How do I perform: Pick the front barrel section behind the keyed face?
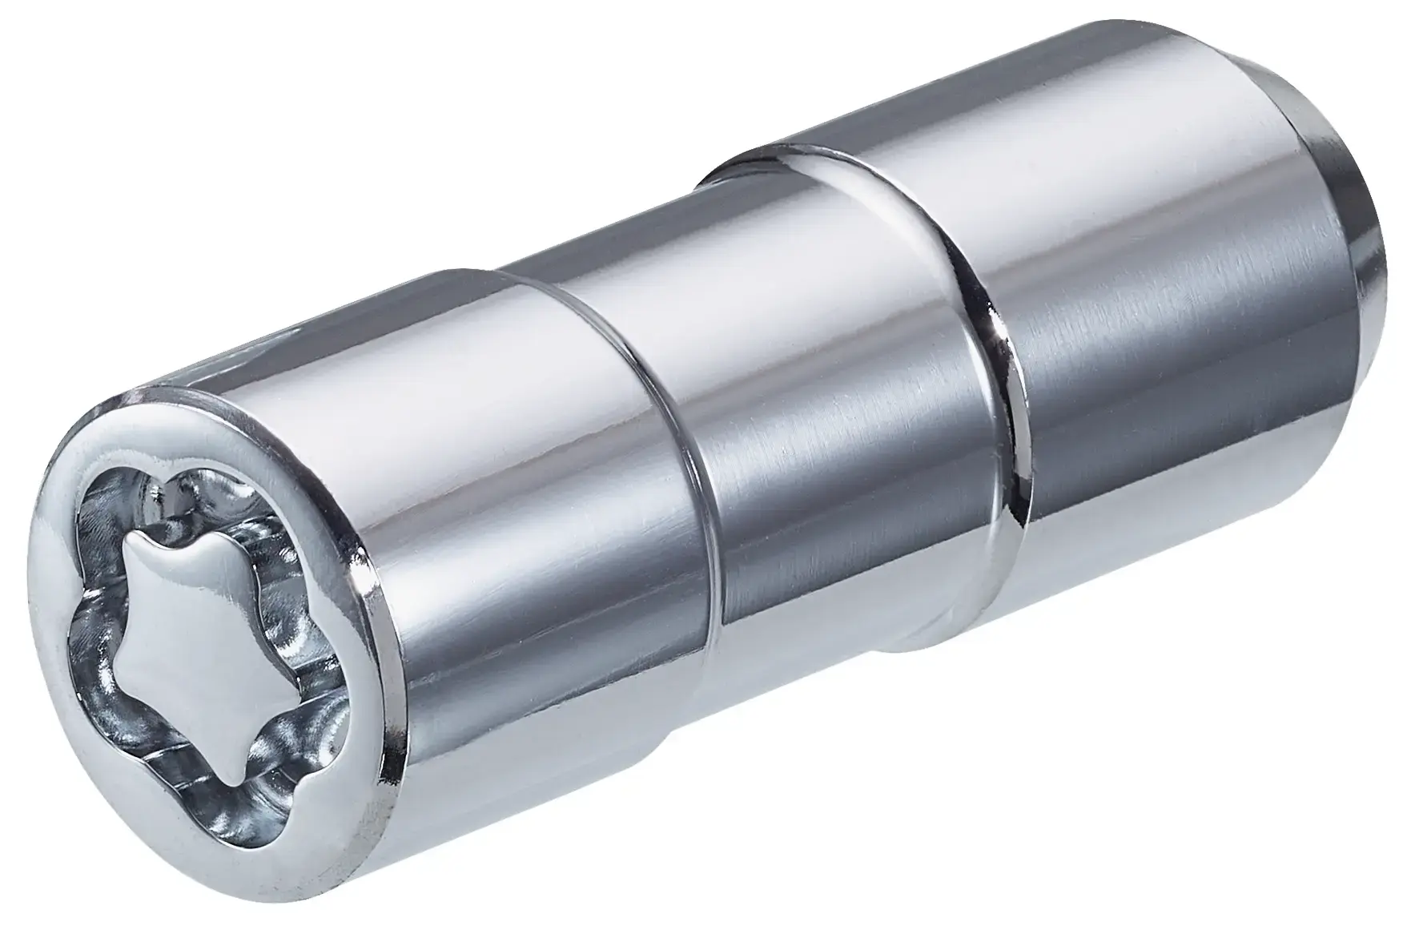pos(521,561)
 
